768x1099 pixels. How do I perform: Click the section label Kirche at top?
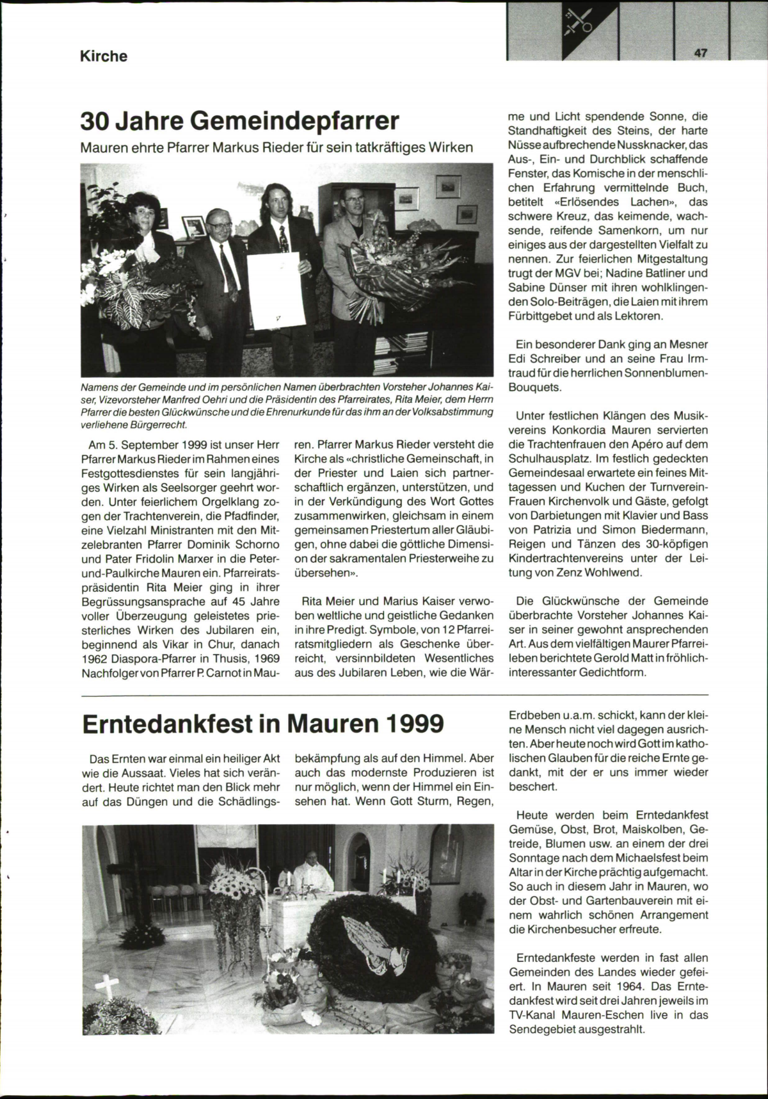click(103, 56)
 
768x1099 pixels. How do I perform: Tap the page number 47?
click(699, 54)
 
